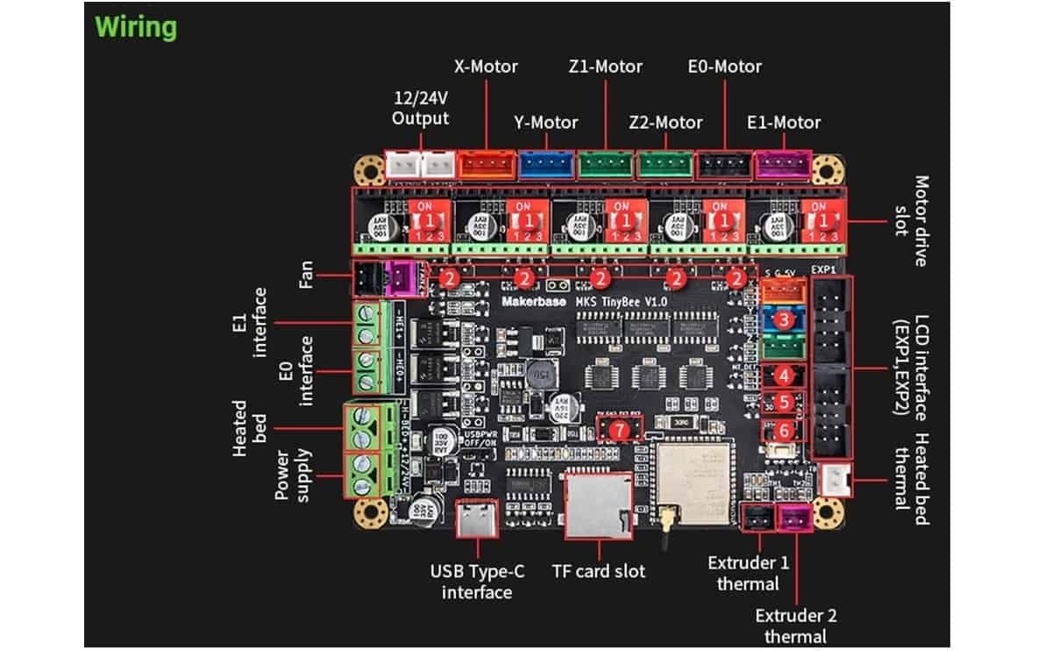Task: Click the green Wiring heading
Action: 136,26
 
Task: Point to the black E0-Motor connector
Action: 723,163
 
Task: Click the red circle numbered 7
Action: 620,430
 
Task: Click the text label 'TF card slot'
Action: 598,571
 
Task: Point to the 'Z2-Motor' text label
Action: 665,122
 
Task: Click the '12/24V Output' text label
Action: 421,109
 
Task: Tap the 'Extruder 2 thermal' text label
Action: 790,626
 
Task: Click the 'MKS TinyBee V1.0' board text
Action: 622,302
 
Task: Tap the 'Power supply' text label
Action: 291,476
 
